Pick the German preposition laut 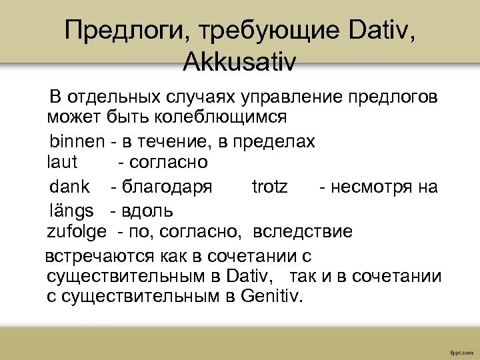point(62,162)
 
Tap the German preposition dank point(69,187)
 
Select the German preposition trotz point(270,187)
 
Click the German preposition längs point(71,211)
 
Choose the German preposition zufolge point(76,232)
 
